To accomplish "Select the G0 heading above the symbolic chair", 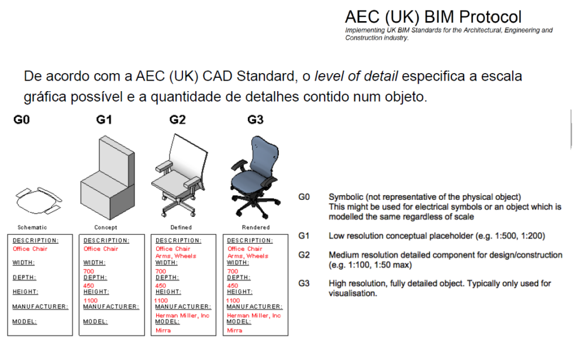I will pyautogui.click(x=22, y=120).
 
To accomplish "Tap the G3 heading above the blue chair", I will pyautogui.click(x=256, y=120).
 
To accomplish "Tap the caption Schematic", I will pyautogui.click(x=32, y=227).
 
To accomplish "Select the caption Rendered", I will pyautogui.click(x=256, y=227).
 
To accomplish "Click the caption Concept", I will pyautogui.click(x=106, y=227).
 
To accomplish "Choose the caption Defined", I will pyautogui.click(x=181, y=227).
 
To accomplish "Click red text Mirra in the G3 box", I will pyautogui.click(x=234, y=330).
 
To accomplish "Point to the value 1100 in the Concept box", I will pyautogui.click(x=90, y=300).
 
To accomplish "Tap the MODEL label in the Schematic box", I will pyautogui.click(x=25, y=321).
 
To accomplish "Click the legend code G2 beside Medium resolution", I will pyautogui.click(x=304, y=255).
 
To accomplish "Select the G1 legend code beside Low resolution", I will pyautogui.click(x=304, y=236).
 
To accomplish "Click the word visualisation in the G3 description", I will pyautogui.click(x=353, y=293).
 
